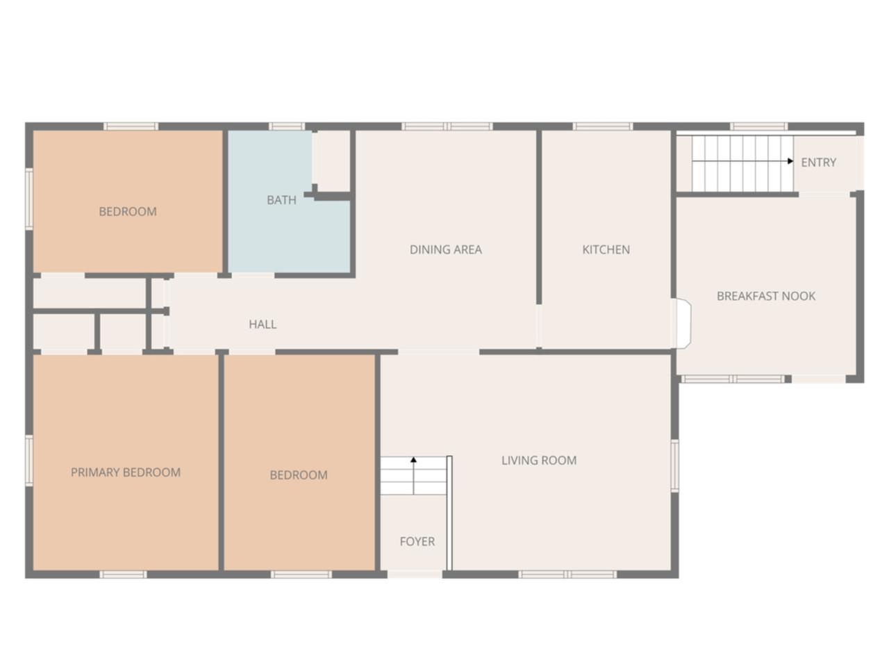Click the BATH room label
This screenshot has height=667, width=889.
[281, 200]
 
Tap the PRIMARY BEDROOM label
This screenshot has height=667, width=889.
[126, 472]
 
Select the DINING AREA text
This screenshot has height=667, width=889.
[445, 249]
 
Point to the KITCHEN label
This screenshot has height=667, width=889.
[606, 249]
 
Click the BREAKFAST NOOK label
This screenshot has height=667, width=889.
[766, 296]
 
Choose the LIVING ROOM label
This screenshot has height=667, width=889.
[539, 460]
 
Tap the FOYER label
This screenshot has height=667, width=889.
[417, 541]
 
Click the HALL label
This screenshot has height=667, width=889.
[263, 324]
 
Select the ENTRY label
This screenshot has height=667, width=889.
[818, 163]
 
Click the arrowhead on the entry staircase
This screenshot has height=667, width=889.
[790, 161]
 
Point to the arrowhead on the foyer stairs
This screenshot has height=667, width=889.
[413, 460]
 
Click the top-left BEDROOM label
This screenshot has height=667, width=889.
[127, 211]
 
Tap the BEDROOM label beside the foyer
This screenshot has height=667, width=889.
[299, 475]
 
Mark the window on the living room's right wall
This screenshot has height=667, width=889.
[674, 466]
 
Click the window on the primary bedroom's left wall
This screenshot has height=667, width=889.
[29, 460]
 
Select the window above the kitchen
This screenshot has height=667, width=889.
[602, 126]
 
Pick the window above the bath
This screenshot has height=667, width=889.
[286, 126]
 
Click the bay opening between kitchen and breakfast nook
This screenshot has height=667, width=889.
[683, 323]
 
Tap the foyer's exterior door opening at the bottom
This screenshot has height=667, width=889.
[415, 575]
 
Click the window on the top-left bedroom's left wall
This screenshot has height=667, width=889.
[29, 198]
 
